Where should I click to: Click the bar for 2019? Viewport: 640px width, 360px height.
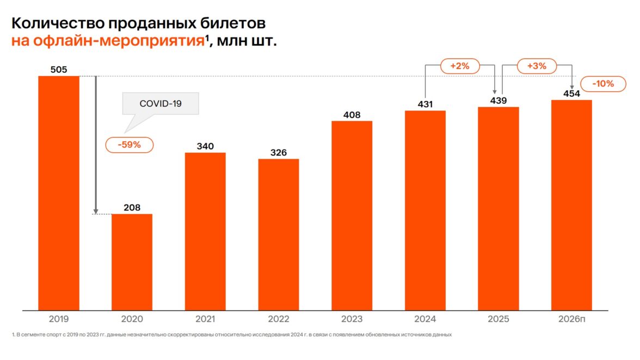[x=58, y=193]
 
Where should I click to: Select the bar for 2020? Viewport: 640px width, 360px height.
[x=132, y=262]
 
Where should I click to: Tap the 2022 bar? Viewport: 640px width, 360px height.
[x=279, y=234]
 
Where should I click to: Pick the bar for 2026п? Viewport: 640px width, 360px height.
[x=571, y=205]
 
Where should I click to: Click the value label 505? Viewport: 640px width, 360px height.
[x=58, y=70]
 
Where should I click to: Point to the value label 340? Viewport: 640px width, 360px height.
[x=205, y=146]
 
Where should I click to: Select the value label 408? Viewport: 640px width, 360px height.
[x=352, y=115]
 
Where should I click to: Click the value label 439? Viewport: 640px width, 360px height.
[x=499, y=101]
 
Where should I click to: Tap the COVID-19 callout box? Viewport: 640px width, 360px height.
[x=161, y=103]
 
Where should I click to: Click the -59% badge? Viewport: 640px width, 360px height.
[x=130, y=145]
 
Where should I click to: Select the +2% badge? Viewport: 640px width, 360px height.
[x=459, y=66]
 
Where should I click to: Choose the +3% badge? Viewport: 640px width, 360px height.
[x=537, y=66]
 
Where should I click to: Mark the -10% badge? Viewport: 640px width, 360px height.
[x=604, y=84]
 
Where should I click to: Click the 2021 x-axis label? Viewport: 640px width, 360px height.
[x=205, y=319]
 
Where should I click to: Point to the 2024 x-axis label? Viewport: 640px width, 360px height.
[x=425, y=319]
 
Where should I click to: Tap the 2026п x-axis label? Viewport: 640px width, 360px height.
[x=571, y=319]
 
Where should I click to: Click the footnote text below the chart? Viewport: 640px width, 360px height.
[x=231, y=334]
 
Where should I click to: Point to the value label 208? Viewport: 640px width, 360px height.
[x=132, y=207]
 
